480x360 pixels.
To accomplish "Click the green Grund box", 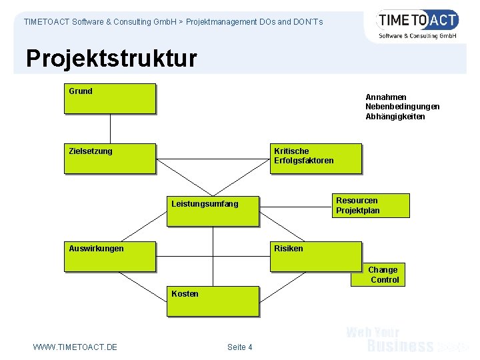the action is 110,98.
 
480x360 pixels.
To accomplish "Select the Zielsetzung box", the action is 110,159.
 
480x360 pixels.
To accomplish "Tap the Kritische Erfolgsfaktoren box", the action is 315,159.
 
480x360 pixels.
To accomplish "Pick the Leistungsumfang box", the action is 212,211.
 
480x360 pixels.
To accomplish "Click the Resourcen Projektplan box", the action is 371,205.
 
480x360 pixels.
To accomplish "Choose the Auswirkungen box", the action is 110,257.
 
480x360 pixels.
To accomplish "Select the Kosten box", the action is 212,301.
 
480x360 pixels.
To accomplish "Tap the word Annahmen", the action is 386,97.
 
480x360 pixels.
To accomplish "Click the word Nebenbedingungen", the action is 402,107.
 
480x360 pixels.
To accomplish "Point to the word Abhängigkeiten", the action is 395,117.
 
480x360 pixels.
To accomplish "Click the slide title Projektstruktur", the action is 111,59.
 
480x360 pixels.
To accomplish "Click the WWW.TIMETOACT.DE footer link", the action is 75,347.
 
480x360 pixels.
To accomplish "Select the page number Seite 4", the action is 239,347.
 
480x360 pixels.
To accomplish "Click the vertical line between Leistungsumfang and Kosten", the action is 213,257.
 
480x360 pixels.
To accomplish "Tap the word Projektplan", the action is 358,211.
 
